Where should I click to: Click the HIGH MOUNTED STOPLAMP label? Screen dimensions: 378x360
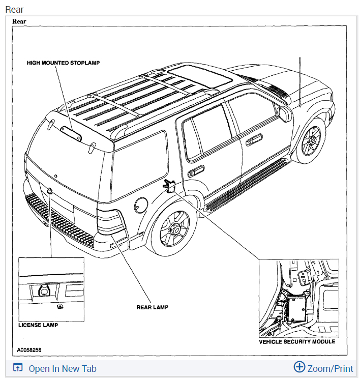[x=64, y=63]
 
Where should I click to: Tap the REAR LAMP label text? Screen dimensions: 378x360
[x=152, y=307]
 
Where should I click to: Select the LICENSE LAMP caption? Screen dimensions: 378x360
[x=38, y=325]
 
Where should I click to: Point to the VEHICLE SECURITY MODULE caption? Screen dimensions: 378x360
[x=297, y=342]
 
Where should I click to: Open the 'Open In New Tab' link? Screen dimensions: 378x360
[x=62, y=369]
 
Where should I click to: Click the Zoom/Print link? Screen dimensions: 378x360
[x=330, y=369]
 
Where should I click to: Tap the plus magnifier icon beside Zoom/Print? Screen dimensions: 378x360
[x=299, y=367]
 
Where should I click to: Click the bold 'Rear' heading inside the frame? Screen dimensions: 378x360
[x=19, y=22]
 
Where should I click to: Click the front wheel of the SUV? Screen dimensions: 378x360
[x=310, y=141]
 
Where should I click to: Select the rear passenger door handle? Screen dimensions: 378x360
[x=196, y=171]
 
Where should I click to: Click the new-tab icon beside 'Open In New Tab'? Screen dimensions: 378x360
[x=18, y=368]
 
